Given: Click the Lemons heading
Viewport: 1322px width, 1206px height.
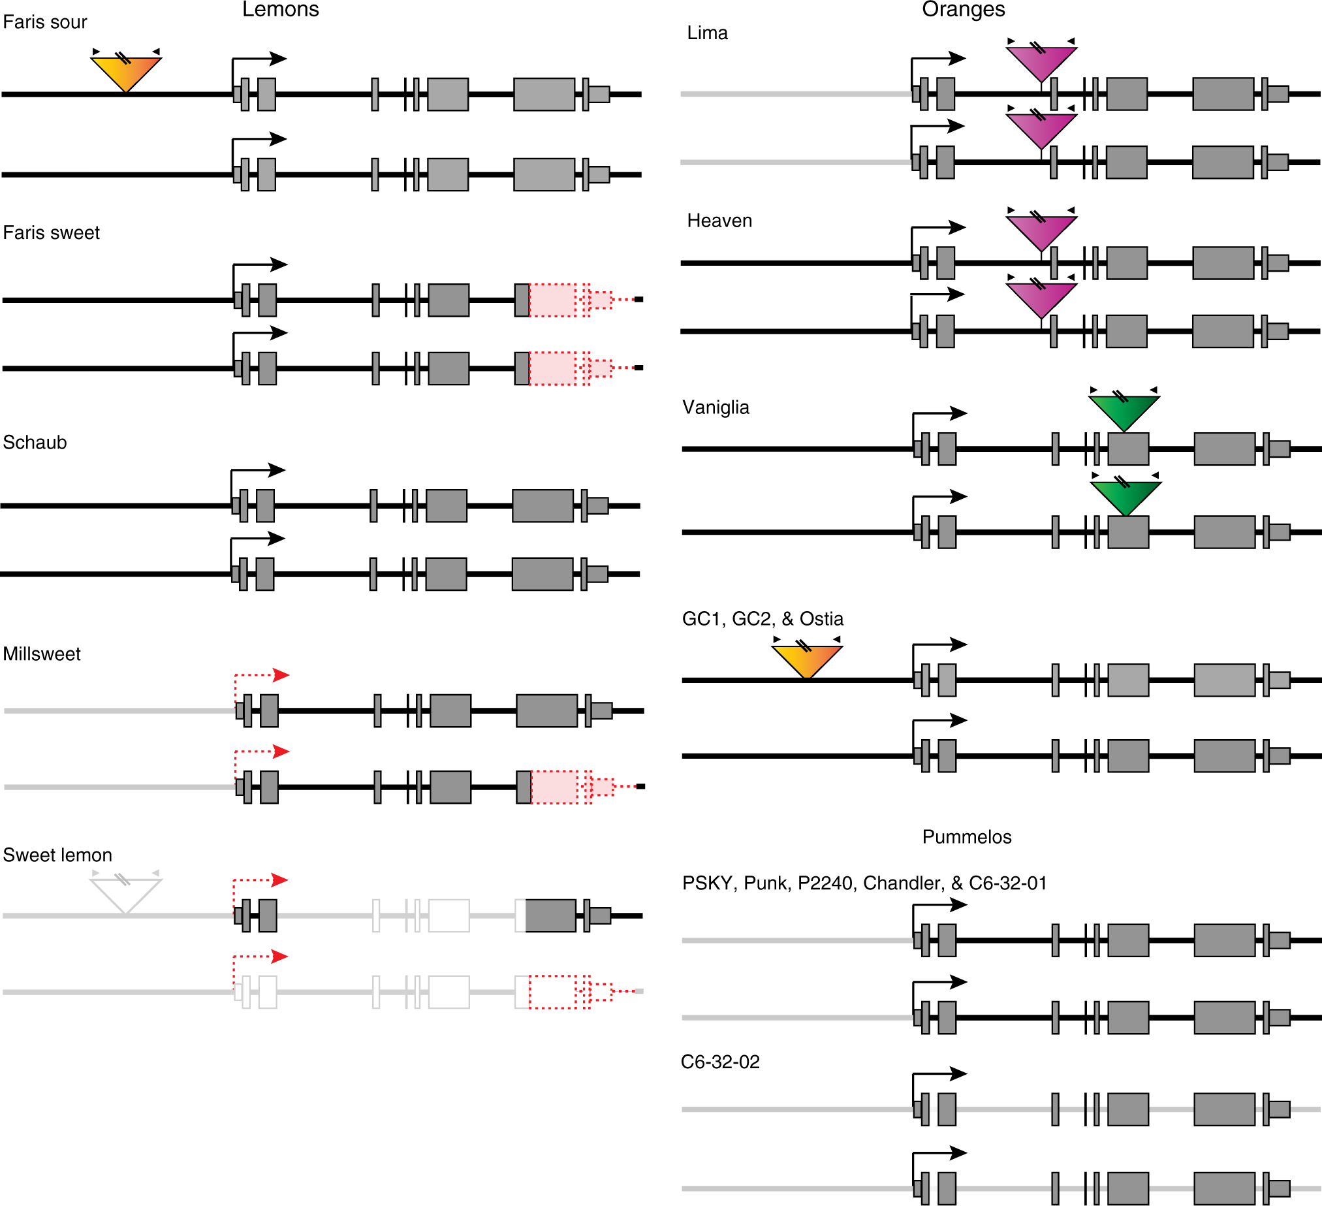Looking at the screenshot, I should click(280, 9).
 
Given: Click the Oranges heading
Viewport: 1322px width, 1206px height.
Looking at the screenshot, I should click(963, 9).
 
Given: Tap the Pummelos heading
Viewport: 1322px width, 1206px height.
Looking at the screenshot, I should click(967, 837).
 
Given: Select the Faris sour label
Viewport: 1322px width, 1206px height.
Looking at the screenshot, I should click(44, 22).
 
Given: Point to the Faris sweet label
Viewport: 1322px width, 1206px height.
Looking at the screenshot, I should click(51, 233).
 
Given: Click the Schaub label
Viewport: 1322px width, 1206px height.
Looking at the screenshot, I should click(35, 443).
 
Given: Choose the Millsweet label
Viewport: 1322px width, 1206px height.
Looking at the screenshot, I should click(41, 654).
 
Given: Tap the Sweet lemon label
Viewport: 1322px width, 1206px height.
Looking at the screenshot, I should click(57, 855).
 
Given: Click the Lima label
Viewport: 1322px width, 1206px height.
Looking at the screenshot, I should click(707, 33).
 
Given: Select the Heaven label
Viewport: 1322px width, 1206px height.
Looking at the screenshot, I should click(719, 220).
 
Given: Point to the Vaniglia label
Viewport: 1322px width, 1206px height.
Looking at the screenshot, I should click(716, 407).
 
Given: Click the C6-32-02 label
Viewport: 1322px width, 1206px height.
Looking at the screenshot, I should click(720, 1062).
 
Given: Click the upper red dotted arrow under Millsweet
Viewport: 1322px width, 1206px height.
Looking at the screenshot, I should click(262, 675).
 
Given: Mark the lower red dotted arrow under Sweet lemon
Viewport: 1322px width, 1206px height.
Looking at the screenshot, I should click(261, 957).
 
